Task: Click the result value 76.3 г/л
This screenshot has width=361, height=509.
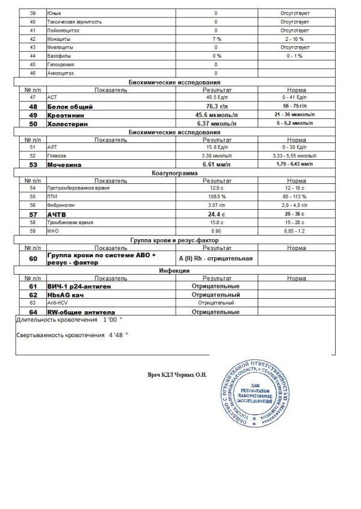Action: click(x=216, y=106)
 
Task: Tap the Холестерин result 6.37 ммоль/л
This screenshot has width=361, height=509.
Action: click(x=216, y=123)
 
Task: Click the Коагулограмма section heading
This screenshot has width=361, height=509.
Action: click(x=174, y=172)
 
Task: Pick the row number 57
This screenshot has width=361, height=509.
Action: click(x=33, y=214)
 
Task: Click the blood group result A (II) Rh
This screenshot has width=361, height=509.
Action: click(x=215, y=259)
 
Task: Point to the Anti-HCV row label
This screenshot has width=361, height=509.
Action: click(x=58, y=303)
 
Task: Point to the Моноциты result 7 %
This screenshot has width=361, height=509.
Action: click(x=216, y=38)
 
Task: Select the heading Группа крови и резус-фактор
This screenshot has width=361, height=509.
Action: click(x=174, y=240)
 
